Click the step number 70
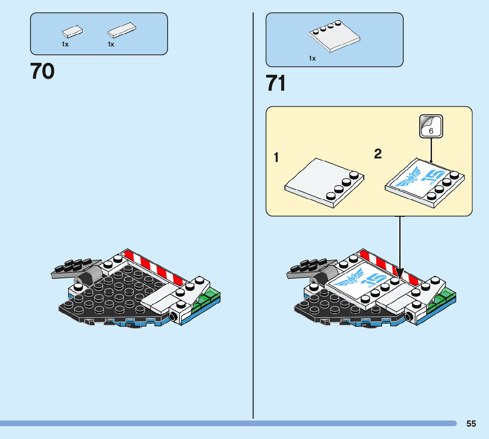42,72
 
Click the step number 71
276,84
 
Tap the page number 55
471,424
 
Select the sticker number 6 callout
431,126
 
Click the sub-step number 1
276,158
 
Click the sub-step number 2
378,154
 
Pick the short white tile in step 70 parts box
73,31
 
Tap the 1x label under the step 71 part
313,58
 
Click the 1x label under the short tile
65,44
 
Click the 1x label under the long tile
111,44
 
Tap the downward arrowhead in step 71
400,274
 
